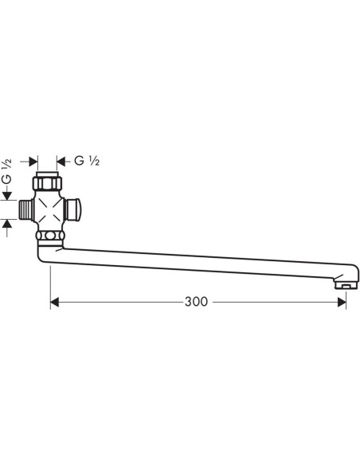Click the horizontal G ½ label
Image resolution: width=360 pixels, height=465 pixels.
[x=87, y=160]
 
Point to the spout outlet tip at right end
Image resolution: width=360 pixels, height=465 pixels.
[x=344, y=283]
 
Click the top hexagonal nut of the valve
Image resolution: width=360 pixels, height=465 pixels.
[x=50, y=183]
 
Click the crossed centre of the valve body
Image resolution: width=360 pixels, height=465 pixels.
[x=50, y=211]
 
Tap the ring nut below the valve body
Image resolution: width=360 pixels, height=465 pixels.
[x=50, y=236]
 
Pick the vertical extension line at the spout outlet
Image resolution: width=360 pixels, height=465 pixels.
[x=346, y=296]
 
